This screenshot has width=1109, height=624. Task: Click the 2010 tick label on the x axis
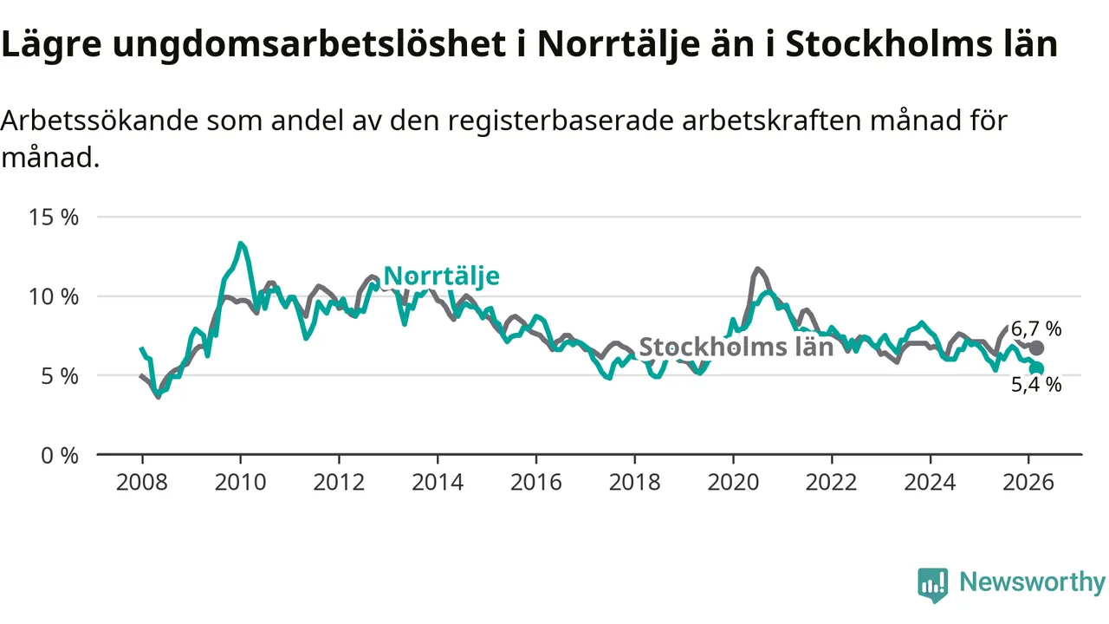pyautogui.click(x=240, y=482)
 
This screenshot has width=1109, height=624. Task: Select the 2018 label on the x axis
pyautogui.click(x=635, y=482)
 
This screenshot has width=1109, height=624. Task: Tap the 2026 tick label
pyautogui.click(x=1029, y=482)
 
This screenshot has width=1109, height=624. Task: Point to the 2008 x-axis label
pyautogui.click(x=141, y=482)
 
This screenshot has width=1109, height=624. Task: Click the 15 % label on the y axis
pyautogui.click(x=53, y=217)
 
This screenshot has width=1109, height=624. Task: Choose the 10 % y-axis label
pyautogui.click(x=53, y=296)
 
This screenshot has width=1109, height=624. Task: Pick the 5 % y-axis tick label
pyautogui.click(x=59, y=376)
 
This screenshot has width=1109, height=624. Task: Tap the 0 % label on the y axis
pyautogui.click(x=59, y=455)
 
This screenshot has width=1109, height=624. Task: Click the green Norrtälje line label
pyautogui.click(x=441, y=276)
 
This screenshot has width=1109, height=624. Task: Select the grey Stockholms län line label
pyautogui.click(x=736, y=347)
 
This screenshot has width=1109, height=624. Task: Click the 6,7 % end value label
pyautogui.click(x=1036, y=329)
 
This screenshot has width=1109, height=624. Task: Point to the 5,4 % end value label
pyautogui.click(x=1036, y=385)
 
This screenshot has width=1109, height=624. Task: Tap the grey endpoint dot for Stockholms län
pyautogui.click(x=1037, y=348)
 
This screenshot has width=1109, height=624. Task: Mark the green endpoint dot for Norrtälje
pyautogui.click(x=1037, y=368)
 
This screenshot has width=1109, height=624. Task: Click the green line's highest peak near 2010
pyautogui.click(x=241, y=244)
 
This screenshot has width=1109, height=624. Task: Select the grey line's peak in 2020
pyautogui.click(x=757, y=269)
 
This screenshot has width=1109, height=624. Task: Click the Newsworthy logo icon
pyautogui.click(x=932, y=585)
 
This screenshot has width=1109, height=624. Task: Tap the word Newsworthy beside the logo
pyautogui.click(x=1032, y=582)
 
